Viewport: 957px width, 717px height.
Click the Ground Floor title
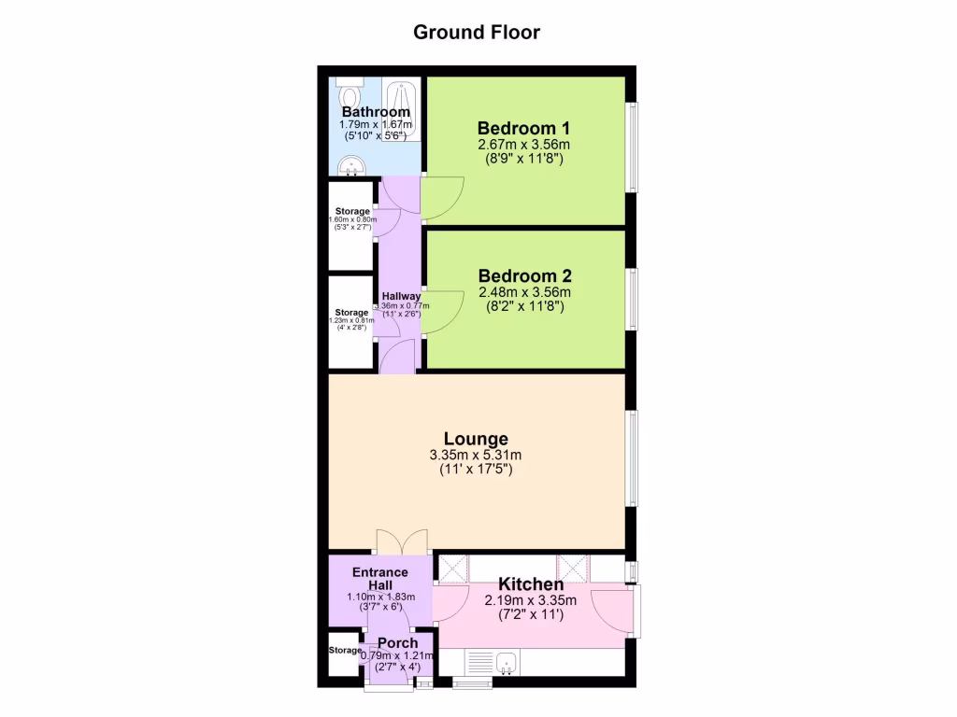(477, 33)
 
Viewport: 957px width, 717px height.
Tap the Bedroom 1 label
(524, 128)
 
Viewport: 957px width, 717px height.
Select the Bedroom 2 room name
(524, 276)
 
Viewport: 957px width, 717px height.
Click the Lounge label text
(476, 439)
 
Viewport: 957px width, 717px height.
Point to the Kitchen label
(530, 584)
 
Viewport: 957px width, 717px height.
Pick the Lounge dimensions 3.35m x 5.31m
(476, 456)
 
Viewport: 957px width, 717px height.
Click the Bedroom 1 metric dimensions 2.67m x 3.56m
(524, 145)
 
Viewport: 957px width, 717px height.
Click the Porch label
(397, 643)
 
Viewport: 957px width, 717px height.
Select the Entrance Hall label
(379, 579)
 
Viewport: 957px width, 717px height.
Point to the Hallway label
(399, 297)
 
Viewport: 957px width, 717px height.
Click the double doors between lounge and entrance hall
(402, 541)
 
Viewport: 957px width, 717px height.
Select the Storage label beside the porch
(344, 651)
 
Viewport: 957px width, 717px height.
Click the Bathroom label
(376, 112)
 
